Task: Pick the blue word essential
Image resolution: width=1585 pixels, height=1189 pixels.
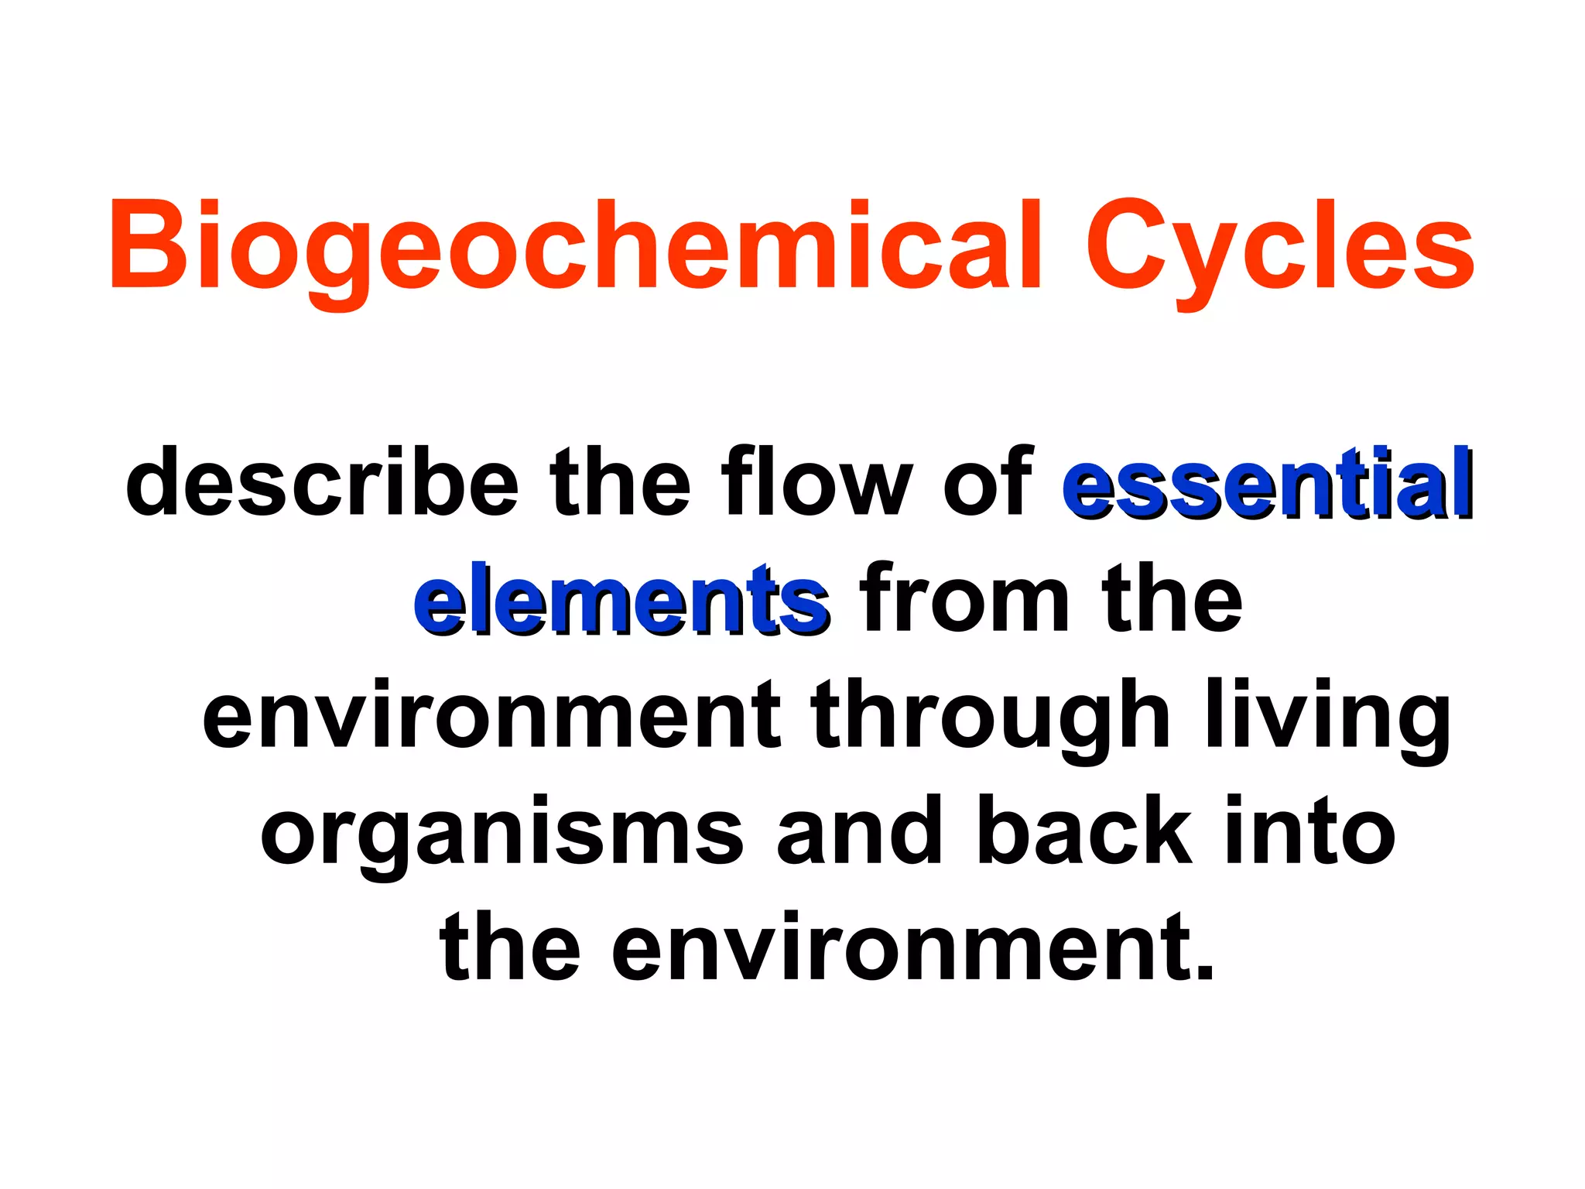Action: pos(1266,481)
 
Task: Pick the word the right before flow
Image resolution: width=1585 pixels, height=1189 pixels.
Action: pos(620,481)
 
